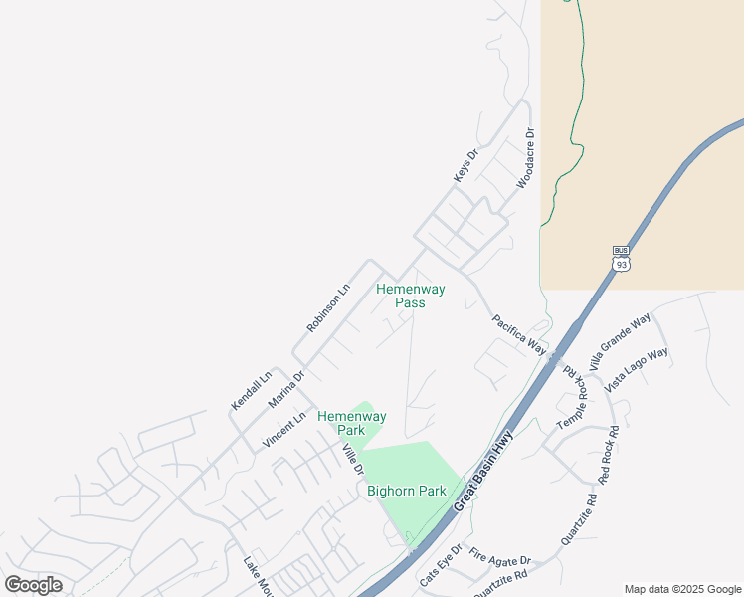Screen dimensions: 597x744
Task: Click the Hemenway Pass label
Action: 410,296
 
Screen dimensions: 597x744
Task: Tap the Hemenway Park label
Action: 351,423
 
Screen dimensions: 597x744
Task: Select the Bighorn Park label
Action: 406,491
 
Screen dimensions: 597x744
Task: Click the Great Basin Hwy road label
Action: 484,472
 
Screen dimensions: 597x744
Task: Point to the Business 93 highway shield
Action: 621,259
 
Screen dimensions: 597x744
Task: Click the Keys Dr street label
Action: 465,165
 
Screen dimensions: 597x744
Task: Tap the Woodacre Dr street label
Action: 525,159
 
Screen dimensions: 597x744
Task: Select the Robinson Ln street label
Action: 328,309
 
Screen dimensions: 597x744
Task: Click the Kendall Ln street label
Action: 251,391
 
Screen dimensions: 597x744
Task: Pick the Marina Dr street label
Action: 285,390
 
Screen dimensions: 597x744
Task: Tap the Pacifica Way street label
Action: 519,334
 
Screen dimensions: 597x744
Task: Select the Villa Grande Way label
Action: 619,342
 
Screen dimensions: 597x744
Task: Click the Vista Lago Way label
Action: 637,368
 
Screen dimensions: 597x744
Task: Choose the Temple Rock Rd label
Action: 573,395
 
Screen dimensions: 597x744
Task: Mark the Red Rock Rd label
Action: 609,456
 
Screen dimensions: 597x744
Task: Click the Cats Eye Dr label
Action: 441,565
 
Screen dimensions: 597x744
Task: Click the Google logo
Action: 34,585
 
